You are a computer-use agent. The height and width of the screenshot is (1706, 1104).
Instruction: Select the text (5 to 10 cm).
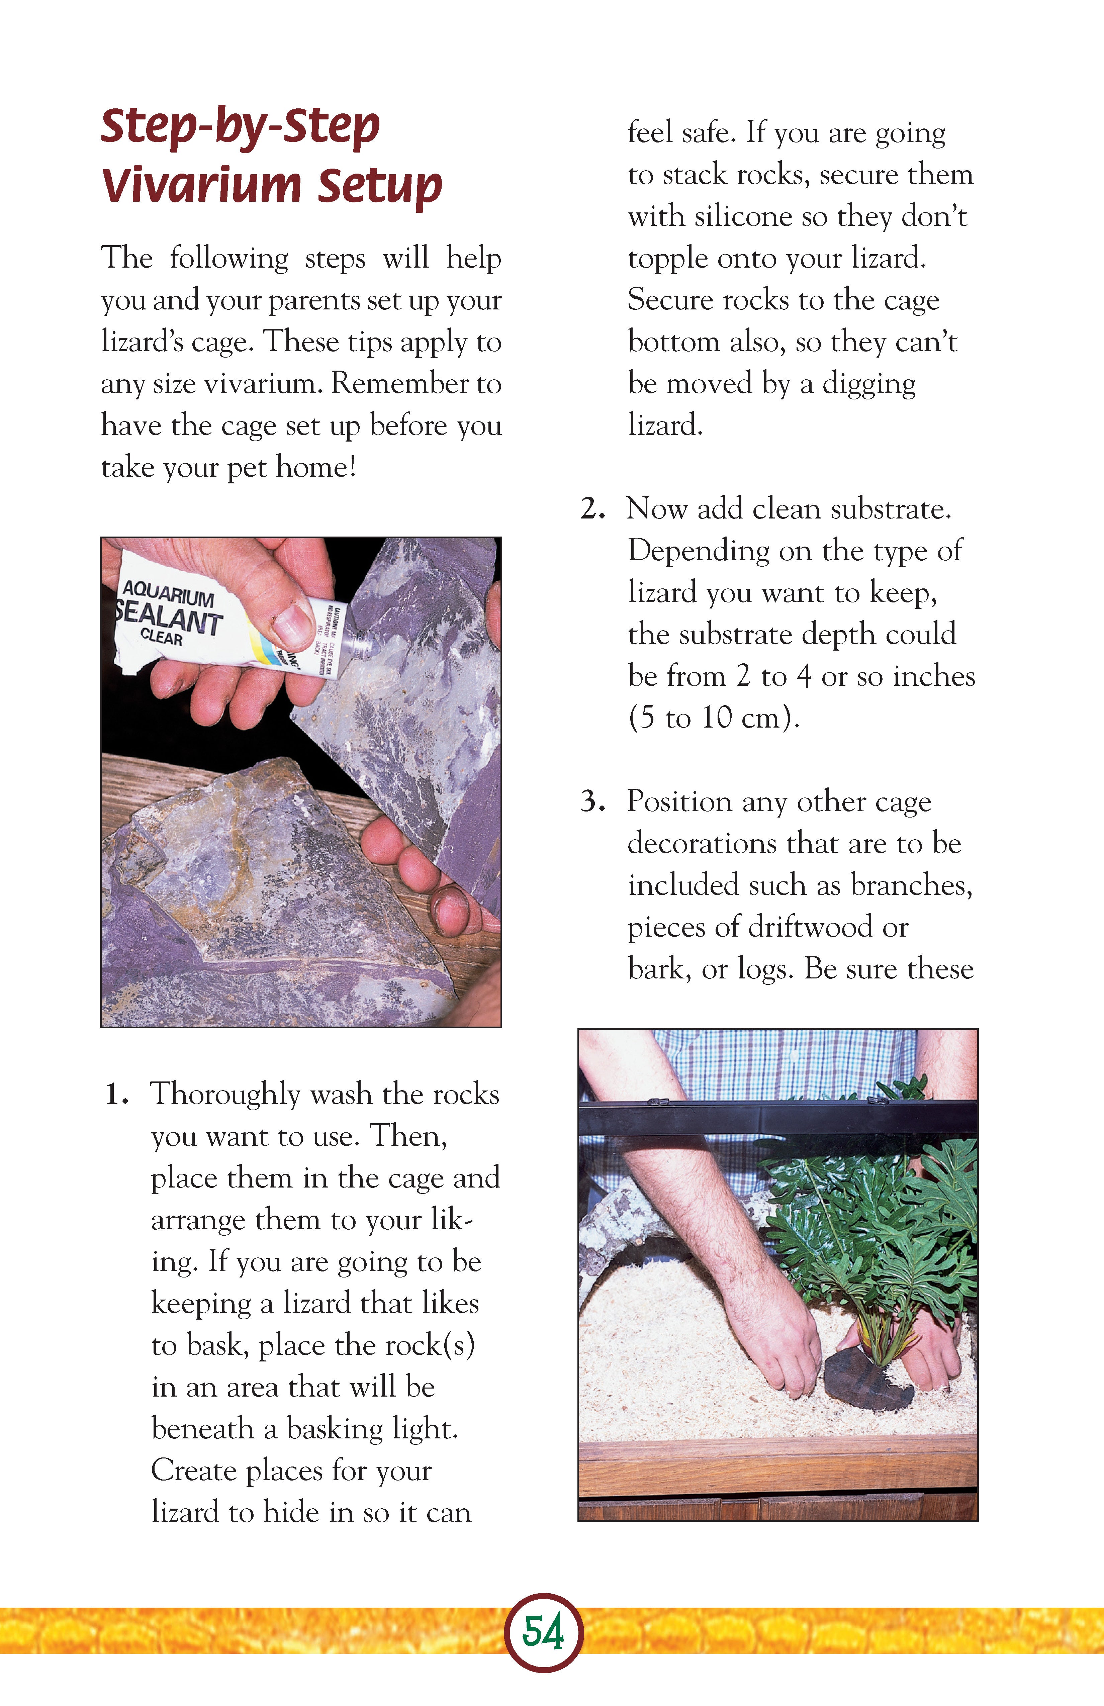(713, 718)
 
